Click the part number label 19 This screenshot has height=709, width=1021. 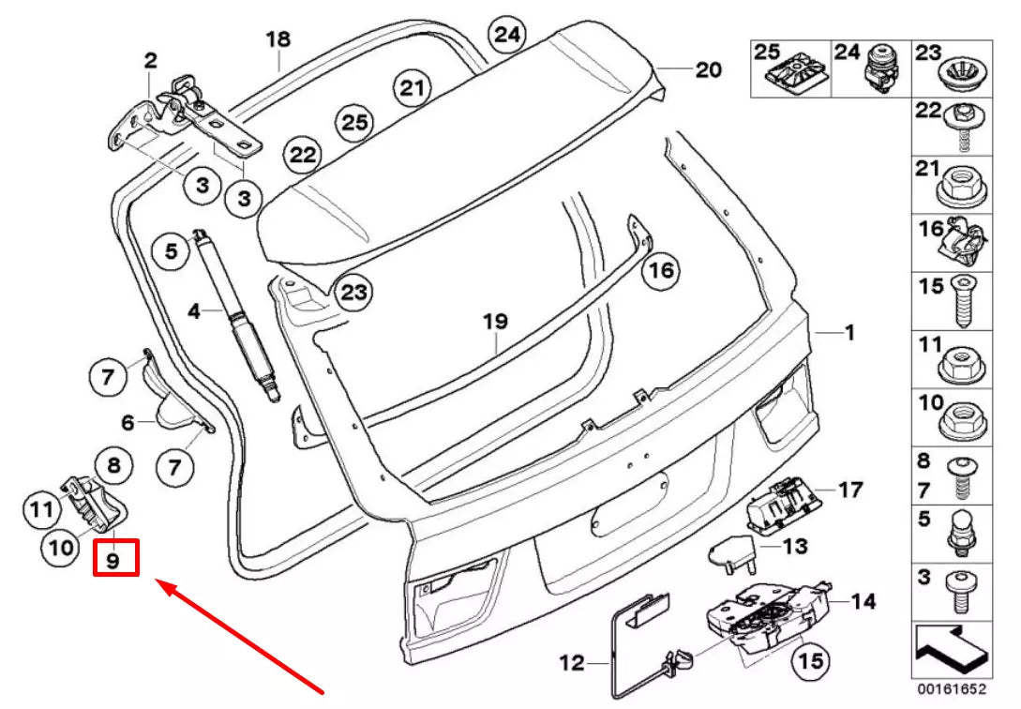coord(495,322)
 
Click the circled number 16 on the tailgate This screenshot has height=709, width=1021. coord(659,271)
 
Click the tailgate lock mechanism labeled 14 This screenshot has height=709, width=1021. coord(764,619)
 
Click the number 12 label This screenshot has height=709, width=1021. coord(571,664)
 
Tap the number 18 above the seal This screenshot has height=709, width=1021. coord(278,39)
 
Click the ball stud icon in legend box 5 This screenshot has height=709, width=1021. coord(965,530)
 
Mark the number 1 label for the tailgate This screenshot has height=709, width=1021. coord(848,332)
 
